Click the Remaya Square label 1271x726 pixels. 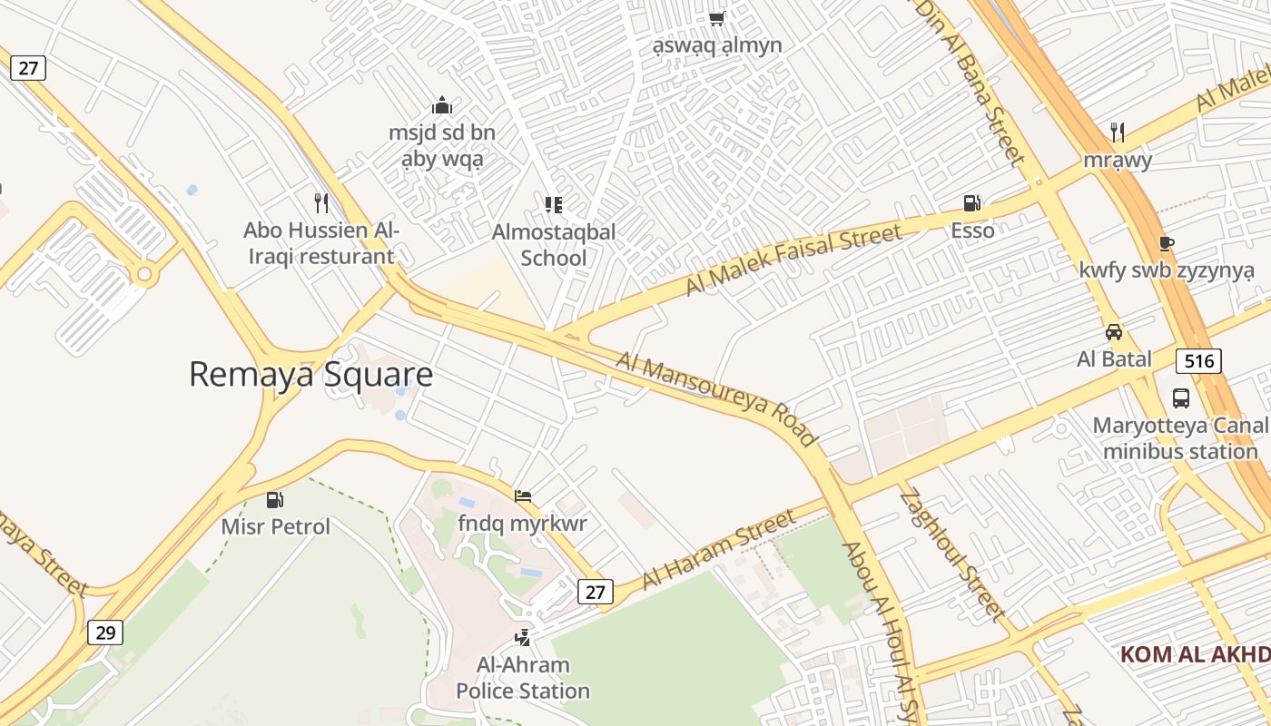310,374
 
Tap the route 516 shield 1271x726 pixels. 1198,360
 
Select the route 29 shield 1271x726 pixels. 105,632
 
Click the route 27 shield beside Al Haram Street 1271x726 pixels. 595,592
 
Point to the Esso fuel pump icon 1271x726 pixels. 972,202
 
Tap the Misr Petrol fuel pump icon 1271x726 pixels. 275,499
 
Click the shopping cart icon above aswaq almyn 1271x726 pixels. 717,17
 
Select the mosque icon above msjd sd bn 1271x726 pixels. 442,105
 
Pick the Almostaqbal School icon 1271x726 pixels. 553,204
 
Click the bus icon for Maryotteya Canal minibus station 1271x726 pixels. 1180,397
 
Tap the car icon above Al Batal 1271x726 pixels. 1114,332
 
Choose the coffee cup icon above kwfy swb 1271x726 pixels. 1167,243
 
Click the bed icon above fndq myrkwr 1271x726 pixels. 523,496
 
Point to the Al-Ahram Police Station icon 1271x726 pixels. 522,637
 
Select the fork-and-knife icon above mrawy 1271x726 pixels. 1118,132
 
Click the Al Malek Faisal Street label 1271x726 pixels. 793,260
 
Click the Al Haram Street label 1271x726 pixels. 719,549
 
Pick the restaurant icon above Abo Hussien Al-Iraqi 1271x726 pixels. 320,202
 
